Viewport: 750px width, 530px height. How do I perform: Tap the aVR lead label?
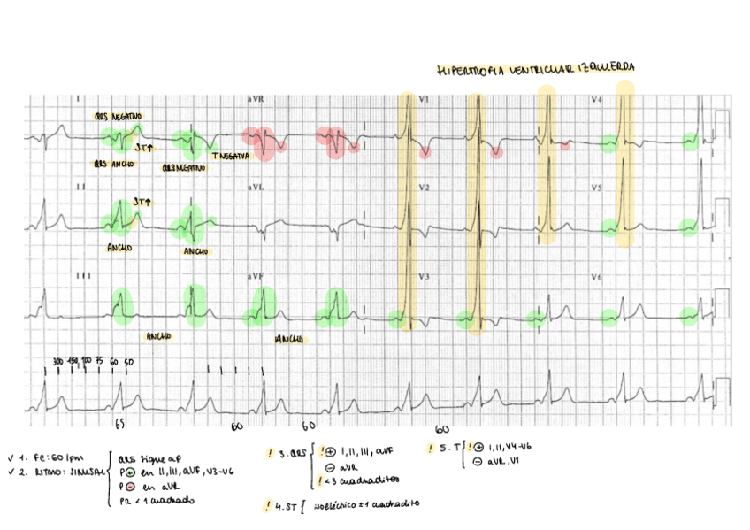pos(256,99)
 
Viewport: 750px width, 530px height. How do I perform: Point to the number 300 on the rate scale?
pos(57,363)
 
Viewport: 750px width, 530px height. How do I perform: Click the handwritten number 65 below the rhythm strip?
pos(120,425)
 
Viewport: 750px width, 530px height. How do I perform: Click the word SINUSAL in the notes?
pos(85,471)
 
